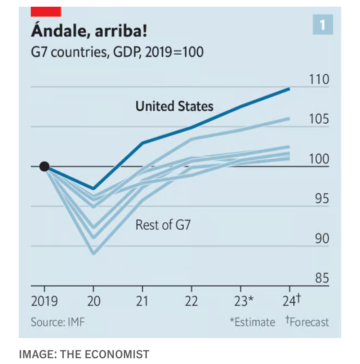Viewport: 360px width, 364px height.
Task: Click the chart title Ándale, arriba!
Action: pos(89,32)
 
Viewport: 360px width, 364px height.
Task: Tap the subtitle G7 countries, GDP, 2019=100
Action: pos(117,51)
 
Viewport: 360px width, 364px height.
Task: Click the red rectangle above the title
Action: pos(46,12)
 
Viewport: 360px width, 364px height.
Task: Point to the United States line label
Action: pos(174,106)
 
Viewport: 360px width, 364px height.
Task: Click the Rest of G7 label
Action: pos(163,224)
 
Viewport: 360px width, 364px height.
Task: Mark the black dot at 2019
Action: pos(44,166)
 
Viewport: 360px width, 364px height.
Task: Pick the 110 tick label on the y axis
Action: pos(319,79)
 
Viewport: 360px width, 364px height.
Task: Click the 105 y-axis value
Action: pos(319,119)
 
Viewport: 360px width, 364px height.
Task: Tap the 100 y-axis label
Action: pos(319,159)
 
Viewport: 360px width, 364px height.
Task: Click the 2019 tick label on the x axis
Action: pos(44,301)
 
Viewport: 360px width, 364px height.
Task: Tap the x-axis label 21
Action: pos(143,301)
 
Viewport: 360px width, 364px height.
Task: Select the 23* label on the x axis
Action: pos(243,301)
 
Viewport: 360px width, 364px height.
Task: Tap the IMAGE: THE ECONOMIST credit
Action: pos(84,354)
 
